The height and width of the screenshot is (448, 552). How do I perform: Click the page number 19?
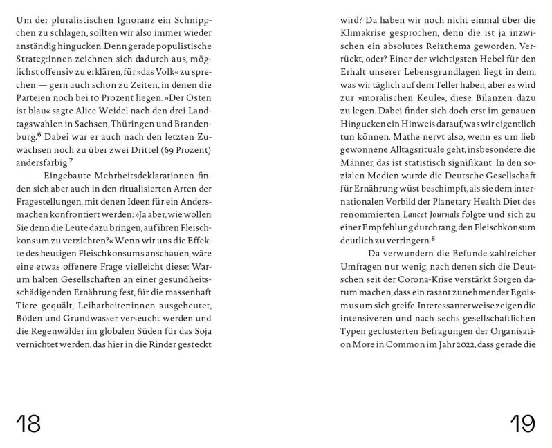point(523,422)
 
